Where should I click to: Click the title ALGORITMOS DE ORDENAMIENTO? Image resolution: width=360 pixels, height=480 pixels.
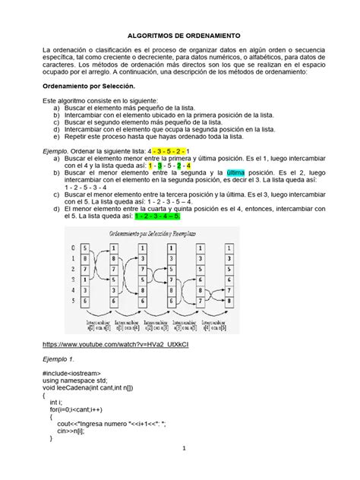click(x=180, y=36)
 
